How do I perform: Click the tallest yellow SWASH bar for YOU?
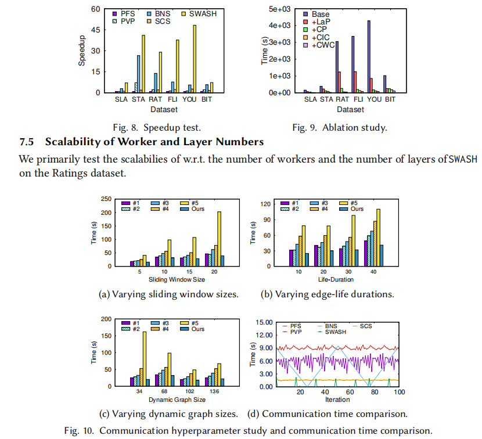point(195,59)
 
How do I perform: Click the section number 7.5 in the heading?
point(28,142)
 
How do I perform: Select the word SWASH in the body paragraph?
point(461,160)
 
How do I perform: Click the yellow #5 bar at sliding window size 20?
point(219,239)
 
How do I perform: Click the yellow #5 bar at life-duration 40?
point(379,238)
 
